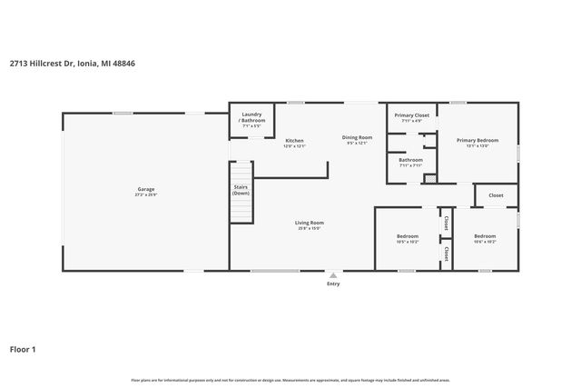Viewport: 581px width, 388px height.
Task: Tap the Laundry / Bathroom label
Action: (251, 117)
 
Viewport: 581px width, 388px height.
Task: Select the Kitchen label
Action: (294, 141)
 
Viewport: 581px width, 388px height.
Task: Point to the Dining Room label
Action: (357, 137)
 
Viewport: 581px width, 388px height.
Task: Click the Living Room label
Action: (310, 223)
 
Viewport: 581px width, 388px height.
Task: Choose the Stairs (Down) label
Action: (241, 190)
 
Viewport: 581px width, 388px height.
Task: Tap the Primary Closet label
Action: (409, 115)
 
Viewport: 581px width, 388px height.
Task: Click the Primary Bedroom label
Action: (478, 140)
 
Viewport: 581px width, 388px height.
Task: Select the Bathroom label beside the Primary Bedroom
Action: (410, 160)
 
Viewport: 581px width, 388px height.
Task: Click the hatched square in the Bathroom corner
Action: (429, 179)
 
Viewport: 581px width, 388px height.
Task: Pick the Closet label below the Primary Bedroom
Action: (496, 195)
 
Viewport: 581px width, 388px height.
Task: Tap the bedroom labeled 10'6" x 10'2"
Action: (485, 243)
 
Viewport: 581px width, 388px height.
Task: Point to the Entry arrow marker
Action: (333, 274)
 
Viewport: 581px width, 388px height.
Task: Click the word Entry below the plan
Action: (333, 284)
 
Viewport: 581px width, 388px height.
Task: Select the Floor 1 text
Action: (23, 348)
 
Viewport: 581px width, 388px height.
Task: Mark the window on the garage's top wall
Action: (124, 113)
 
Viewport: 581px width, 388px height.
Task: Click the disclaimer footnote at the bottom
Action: (290, 380)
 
